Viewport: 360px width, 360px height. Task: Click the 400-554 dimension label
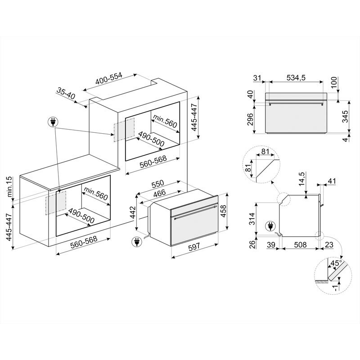coord(109,80)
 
